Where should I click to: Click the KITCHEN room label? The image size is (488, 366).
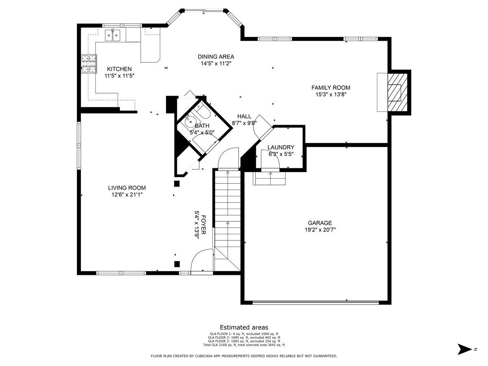(119, 69)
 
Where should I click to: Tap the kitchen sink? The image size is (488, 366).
(113, 35)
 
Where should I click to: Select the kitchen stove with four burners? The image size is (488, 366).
(89, 64)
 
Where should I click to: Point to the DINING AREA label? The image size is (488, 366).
(216, 57)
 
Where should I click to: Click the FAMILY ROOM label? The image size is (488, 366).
(331, 87)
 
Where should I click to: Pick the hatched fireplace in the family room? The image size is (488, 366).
(397, 92)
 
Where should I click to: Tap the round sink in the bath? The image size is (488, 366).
(190, 121)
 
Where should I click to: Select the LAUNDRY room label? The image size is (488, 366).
(281, 147)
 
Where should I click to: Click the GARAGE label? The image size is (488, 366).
(320, 223)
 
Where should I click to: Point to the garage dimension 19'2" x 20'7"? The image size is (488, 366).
(320, 229)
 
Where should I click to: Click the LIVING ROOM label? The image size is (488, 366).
(127, 188)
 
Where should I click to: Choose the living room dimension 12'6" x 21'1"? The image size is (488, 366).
(127, 195)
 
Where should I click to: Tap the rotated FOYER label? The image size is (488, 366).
(203, 224)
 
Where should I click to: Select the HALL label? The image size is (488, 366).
(244, 116)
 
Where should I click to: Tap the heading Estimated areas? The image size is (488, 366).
(244, 327)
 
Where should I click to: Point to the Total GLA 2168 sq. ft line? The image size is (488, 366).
(244, 345)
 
